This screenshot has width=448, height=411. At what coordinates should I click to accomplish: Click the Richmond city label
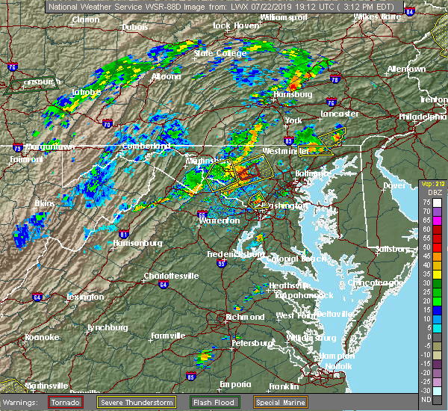point(245,317)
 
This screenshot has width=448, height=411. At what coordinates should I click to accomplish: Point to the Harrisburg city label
point(291,95)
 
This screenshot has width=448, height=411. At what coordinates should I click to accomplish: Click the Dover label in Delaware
point(394,185)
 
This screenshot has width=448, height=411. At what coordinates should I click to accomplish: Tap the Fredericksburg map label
point(236,254)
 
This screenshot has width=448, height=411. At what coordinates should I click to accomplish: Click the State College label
point(219,53)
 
